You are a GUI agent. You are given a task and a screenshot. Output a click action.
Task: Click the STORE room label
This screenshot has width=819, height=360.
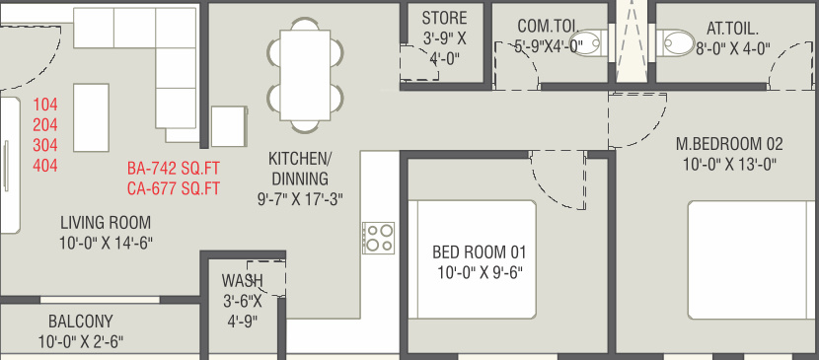444,19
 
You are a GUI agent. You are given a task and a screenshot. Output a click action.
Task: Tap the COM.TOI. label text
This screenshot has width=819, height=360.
545,26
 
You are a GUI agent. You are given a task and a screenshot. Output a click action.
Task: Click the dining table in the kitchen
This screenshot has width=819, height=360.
305,75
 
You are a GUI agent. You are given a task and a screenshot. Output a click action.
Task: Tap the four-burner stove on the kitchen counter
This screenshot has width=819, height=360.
379,238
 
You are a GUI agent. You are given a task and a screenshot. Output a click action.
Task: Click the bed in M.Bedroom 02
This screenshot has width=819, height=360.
753,259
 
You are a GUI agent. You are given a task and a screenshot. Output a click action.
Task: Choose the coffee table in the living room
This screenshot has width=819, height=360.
91,117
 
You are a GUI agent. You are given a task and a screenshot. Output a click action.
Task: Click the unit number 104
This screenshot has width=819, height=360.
45,105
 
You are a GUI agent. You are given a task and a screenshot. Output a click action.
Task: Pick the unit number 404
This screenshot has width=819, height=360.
45,166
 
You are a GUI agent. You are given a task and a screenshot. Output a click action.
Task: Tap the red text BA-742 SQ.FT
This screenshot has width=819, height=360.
174,169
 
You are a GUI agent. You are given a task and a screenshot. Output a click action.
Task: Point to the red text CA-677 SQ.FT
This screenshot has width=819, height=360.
174,188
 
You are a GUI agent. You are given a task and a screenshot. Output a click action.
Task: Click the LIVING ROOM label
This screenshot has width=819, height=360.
106,223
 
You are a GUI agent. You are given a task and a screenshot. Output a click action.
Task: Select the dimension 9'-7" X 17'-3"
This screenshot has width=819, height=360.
300,200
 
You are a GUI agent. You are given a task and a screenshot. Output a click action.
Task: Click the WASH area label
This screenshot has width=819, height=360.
242,281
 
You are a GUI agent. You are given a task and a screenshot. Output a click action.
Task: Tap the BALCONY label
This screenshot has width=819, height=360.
81,321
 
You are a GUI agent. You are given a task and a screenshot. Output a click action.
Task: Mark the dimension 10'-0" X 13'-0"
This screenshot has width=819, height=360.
729,165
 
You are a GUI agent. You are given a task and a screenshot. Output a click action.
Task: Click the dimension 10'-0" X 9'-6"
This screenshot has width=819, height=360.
481,273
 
